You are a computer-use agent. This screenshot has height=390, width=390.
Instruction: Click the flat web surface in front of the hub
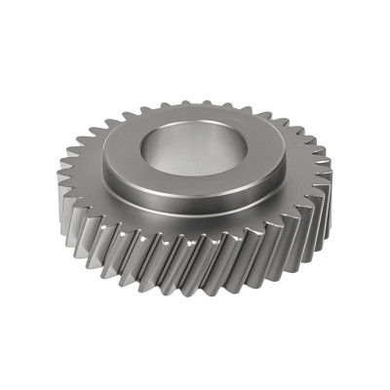pyautogui.click(x=195, y=222)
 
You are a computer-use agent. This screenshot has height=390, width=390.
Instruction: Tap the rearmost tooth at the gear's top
pyautogui.click(x=194, y=99)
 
